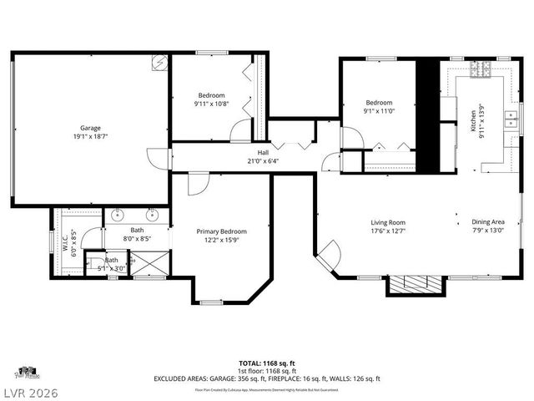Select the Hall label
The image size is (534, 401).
click(263, 152)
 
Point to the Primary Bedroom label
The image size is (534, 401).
click(221, 231)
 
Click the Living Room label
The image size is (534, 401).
click(388, 222)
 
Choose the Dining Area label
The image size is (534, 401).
click(488, 222)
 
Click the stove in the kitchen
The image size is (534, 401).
click(481, 73)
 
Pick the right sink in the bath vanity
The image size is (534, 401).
click(153, 213)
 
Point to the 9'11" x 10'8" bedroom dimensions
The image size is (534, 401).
click(212, 104)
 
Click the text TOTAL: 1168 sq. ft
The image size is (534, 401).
click(266, 363)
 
